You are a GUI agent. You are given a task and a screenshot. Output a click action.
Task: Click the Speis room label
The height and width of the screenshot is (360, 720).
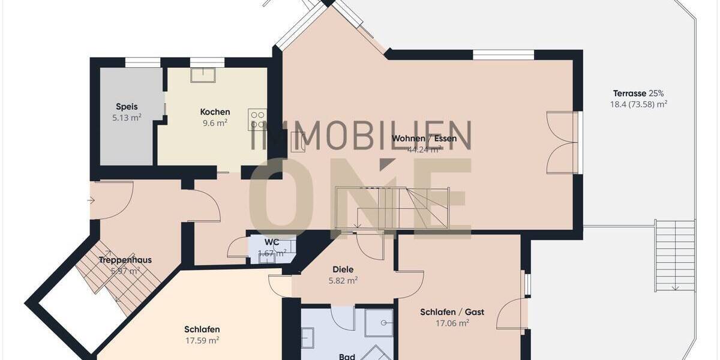point(127,107)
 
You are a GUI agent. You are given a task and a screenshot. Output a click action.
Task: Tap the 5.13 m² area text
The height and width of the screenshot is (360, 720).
point(127,118)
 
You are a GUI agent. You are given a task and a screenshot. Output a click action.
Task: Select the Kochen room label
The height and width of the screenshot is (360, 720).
point(215,112)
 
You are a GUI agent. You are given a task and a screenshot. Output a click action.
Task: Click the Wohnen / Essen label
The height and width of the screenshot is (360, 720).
point(424,139)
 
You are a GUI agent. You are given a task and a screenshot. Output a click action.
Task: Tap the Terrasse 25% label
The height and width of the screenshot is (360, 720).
point(638,93)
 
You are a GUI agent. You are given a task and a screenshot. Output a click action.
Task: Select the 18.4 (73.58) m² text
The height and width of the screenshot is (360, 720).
point(638,104)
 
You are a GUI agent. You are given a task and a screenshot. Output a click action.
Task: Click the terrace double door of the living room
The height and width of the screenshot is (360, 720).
point(563,142)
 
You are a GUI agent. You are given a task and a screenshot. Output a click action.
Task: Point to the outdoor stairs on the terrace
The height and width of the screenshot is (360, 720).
point(675,255)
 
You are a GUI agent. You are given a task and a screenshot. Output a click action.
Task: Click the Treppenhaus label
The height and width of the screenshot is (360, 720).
point(125,260)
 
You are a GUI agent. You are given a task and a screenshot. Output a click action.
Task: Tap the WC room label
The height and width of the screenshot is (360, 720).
point(272,242)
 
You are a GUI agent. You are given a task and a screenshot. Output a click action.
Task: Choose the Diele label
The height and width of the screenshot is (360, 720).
point(343,269)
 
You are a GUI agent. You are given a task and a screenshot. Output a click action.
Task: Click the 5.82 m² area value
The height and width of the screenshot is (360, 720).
point(343,280)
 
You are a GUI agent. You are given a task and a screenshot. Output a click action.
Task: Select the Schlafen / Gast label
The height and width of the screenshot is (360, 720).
point(452,312)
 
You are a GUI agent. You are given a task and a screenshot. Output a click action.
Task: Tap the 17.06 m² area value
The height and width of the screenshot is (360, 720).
point(452,323)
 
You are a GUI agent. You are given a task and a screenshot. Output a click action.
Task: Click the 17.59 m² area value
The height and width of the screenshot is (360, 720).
point(202,340)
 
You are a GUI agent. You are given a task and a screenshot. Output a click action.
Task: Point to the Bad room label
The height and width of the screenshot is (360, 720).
point(347,356)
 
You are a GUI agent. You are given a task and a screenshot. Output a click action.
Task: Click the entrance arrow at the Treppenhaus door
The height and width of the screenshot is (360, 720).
point(91,200)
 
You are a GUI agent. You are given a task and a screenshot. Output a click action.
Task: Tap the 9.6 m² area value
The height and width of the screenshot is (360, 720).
point(215,123)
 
